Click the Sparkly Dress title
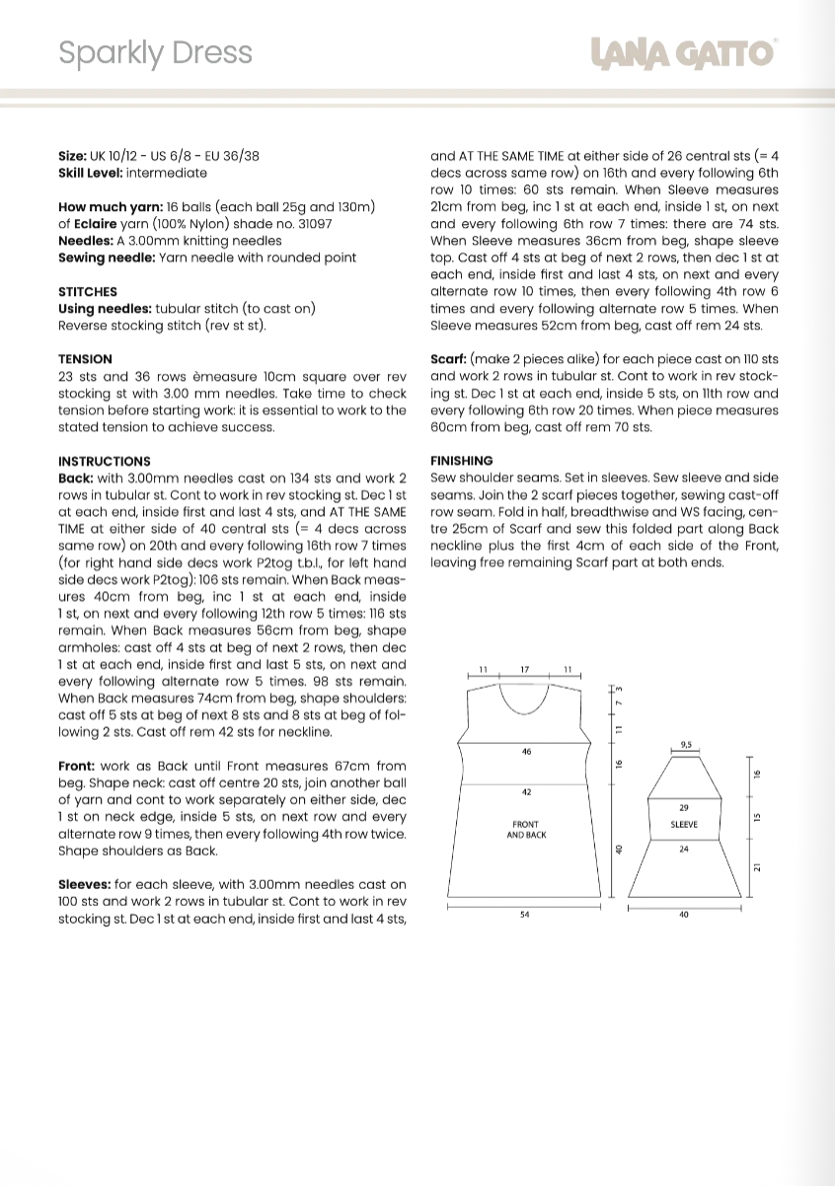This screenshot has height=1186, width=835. [x=155, y=53]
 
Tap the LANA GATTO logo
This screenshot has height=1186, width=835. [x=684, y=53]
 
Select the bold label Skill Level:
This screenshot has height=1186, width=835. [x=91, y=173]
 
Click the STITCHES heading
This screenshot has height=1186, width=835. [x=88, y=292]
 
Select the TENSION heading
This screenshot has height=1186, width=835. [x=85, y=359]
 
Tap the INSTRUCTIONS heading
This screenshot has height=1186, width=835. [x=105, y=461]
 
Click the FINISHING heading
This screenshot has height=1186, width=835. [x=462, y=461]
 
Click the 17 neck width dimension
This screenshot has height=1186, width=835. [x=525, y=670]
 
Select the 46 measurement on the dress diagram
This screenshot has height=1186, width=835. [x=526, y=752]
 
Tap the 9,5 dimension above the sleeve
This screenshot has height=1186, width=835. [x=686, y=745]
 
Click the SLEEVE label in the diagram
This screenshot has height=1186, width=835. [x=684, y=824]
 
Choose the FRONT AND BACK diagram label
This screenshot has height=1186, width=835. [x=526, y=830]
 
